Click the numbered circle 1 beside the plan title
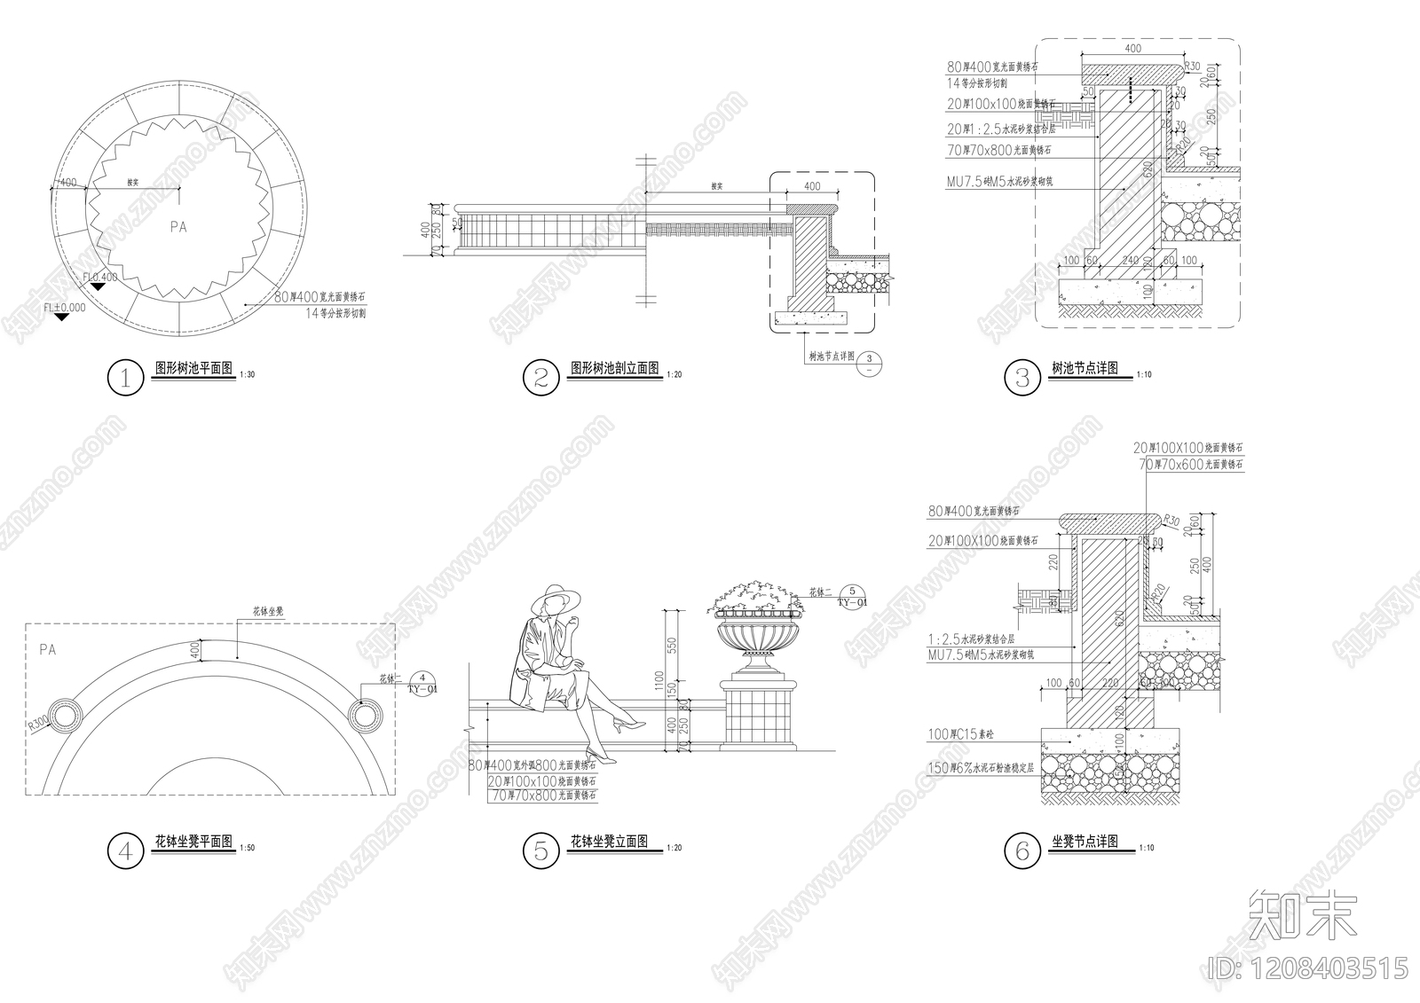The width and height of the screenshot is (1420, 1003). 125,378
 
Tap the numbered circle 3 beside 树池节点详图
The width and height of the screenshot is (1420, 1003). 1022,378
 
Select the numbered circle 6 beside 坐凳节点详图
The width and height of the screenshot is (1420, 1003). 1022,851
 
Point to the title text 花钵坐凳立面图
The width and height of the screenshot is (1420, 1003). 609,842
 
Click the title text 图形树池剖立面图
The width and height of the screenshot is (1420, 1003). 614,367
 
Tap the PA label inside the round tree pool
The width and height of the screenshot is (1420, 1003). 178,227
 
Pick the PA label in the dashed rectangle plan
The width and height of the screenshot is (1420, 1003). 48,650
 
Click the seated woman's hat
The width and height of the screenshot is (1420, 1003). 554,599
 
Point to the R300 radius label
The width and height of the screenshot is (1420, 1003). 37,722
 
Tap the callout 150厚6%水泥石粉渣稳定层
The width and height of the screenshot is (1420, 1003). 981,768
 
